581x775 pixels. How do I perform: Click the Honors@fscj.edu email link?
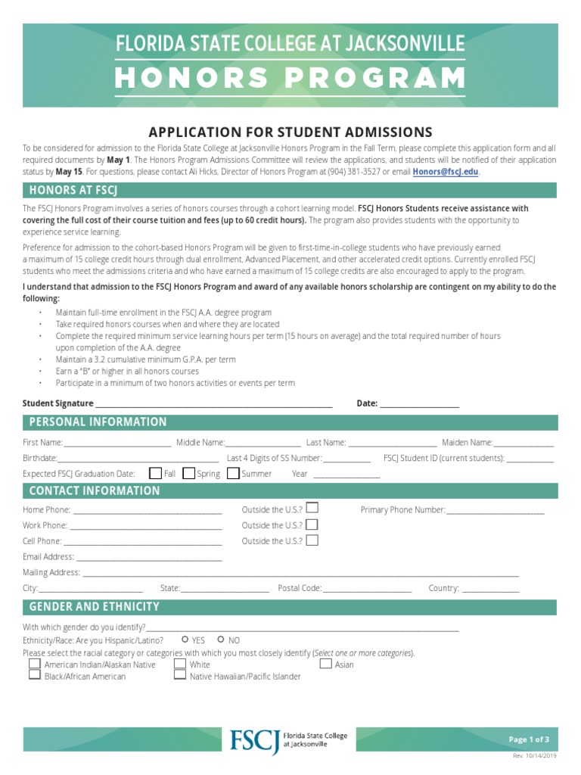pyautogui.click(x=445, y=172)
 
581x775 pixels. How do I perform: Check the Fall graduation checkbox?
pyautogui.click(x=156, y=473)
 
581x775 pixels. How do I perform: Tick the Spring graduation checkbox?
pyautogui.click(x=189, y=473)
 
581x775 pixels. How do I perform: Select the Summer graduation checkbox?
pyautogui.click(x=234, y=473)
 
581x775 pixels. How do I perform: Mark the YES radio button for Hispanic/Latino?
pyautogui.click(x=185, y=640)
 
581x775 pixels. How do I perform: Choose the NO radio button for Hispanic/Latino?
pyautogui.click(x=221, y=640)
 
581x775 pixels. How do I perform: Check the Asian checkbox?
pyautogui.click(x=326, y=664)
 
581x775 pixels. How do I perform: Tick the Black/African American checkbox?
pyautogui.click(x=35, y=675)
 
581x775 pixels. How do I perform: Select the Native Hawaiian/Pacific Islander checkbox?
pyautogui.click(x=180, y=675)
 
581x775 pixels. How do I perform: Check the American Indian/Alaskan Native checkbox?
pyautogui.click(x=35, y=664)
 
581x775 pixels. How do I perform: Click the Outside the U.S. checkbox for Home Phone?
pyautogui.click(x=312, y=508)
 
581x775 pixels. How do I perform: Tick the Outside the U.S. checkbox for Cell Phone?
pyautogui.click(x=312, y=540)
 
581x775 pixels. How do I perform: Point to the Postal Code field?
pyautogui.click(x=368, y=589)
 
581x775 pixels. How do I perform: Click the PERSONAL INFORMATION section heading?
pyautogui.click(x=98, y=422)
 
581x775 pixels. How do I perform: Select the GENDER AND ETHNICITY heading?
pyautogui.click(x=95, y=607)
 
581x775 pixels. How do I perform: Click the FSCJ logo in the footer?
pyautogui.click(x=255, y=739)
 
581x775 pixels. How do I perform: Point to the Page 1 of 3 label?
pyautogui.click(x=529, y=739)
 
